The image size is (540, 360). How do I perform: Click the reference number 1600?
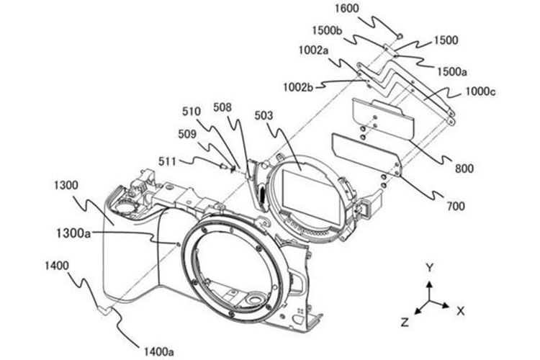(347, 8)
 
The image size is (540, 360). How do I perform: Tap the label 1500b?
(327, 31)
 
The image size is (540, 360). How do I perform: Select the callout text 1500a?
(452, 72)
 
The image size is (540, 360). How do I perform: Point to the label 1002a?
(313, 50)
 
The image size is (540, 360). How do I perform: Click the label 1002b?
(298, 87)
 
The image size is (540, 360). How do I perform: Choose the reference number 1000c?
(481, 91)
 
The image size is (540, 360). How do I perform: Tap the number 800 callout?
(464, 168)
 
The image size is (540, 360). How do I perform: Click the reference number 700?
(456, 206)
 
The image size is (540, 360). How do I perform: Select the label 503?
(264, 116)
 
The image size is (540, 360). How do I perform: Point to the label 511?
(167, 161)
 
